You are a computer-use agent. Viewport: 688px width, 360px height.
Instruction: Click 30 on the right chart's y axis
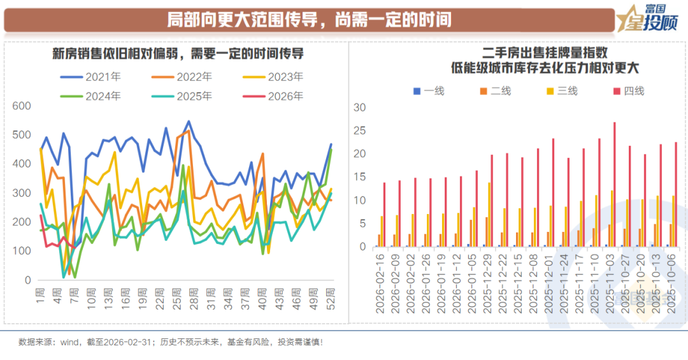pos(360,107)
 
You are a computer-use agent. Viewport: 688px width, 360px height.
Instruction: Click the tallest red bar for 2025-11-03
pos(615,185)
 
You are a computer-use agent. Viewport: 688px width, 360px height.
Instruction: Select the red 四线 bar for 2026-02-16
pos(385,215)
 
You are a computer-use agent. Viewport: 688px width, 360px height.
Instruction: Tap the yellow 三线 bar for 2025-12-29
pos(489,215)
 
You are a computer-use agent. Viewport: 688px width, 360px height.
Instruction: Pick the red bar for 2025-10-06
pos(677,194)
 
